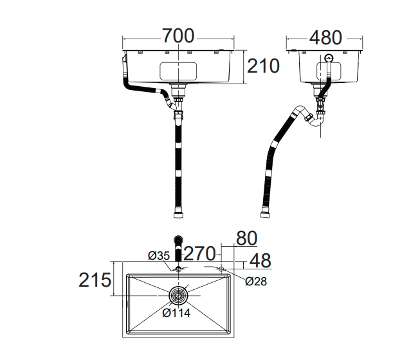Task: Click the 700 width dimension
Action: click(178, 36)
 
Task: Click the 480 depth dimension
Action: click(325, 38)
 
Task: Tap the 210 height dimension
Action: click(263, 66)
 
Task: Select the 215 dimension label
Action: click(95, 280)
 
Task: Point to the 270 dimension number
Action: click(200, 254)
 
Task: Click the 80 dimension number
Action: click(246, 239)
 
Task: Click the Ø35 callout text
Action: click(159, 256)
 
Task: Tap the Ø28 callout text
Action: click(256, 282)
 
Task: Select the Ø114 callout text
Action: click(177, 312)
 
